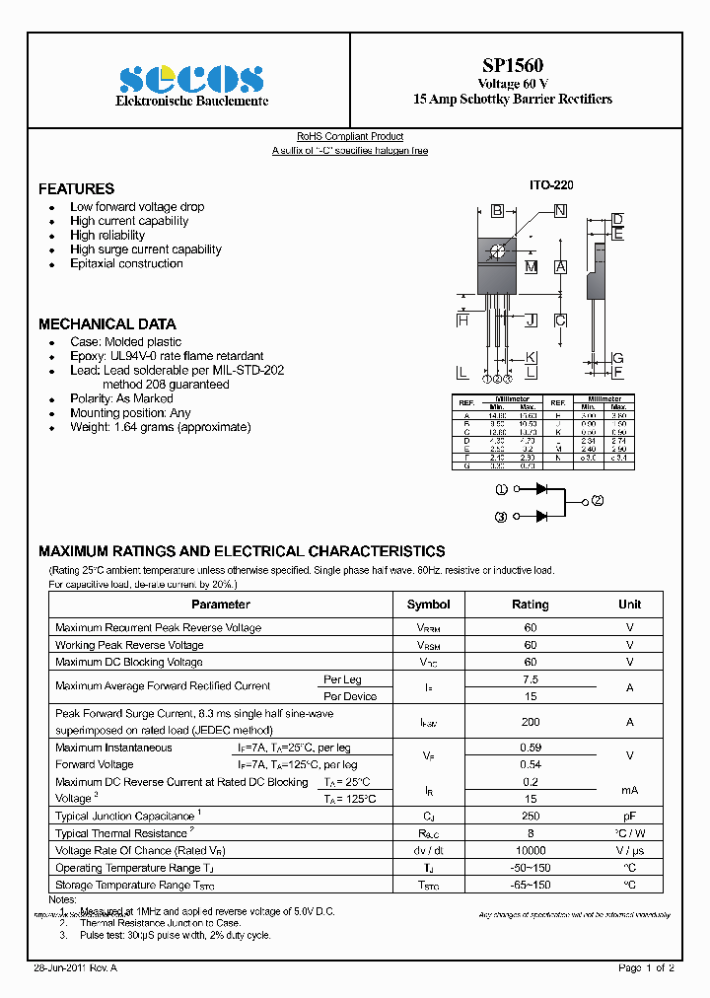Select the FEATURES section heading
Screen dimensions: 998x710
[x=76, y=188]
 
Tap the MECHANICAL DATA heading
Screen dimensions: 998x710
[x=107, y=323]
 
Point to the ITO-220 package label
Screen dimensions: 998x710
[x=551, y=185]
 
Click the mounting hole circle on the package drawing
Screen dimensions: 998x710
[x=497, y=250]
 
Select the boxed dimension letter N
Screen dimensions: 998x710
[x=560, y=210]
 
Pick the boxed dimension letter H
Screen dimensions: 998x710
[x=461, y=320]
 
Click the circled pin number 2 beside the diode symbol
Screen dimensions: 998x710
[x=598, y=501]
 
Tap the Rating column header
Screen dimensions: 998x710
[x=531, y=605]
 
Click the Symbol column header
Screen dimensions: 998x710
[x=428, y=605]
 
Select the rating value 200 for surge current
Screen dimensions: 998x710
[x=531, y=722]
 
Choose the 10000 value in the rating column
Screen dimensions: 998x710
[x=531, y=850]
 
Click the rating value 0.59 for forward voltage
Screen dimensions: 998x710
[x=531, y=748]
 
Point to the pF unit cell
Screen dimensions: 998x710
[x=629, y=816]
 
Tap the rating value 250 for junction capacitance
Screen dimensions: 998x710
[x=531, y=816]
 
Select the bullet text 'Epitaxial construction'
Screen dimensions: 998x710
[x=126, y=264]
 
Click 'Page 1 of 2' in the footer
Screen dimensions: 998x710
[x=646, y=968]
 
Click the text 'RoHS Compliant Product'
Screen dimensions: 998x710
[x=350, y=137]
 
